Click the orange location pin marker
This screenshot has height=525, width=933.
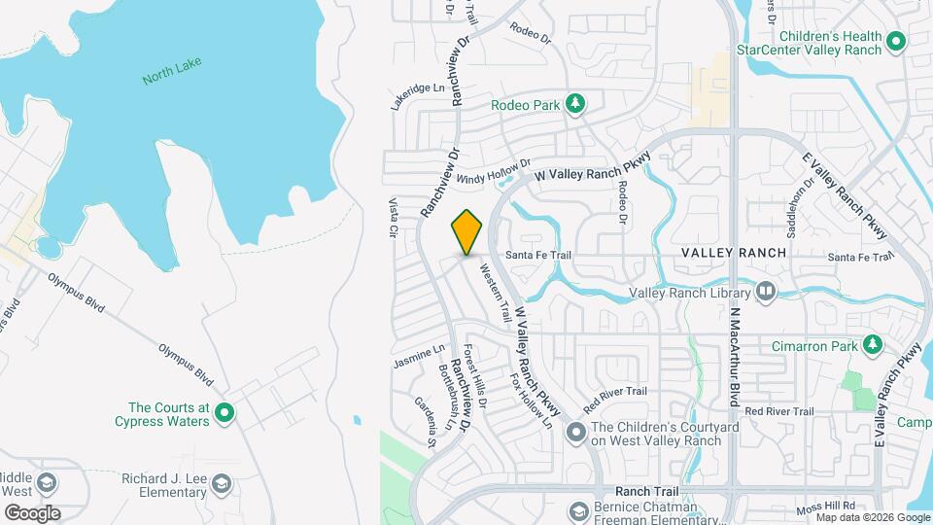click(466, 232)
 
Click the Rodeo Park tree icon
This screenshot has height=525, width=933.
click(575, 103)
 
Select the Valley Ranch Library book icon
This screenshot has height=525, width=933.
click(766, 292)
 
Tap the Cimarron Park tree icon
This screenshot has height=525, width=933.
click(873, 345)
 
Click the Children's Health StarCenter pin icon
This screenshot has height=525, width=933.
click(897, 43)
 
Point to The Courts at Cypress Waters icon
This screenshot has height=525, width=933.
click(225, 414)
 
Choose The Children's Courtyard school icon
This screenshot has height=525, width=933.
click(576, 434)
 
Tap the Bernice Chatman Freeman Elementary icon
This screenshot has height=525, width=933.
click(578, 512)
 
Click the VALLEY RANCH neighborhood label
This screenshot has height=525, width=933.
click(733, 253)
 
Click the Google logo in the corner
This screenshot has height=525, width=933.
click(33, 512)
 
